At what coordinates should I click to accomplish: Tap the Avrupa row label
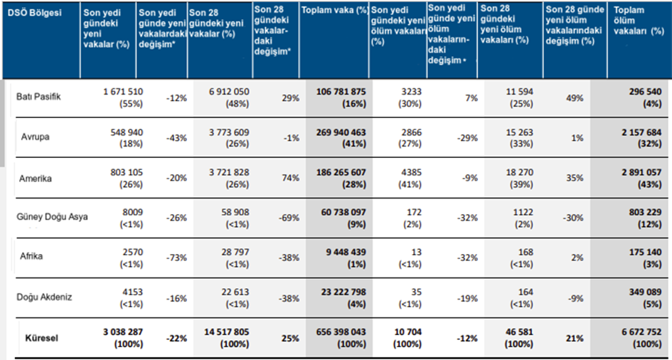tap(36, 137)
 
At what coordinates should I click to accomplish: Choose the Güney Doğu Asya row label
tap(52, 216)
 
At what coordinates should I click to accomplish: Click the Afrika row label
tap(31, 257)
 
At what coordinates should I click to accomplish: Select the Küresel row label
tap(42, 338)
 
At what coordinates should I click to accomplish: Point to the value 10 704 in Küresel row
tap(408, 332)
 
